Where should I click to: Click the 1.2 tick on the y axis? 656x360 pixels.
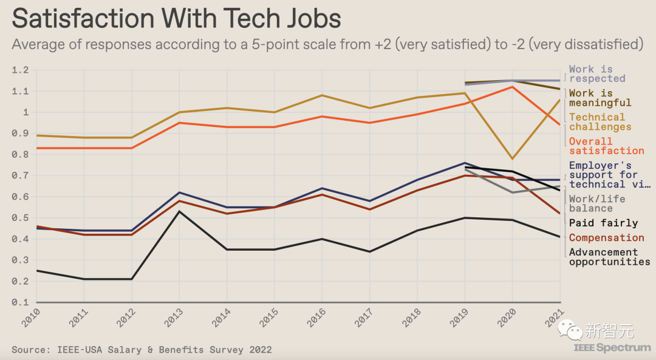click(21, 70)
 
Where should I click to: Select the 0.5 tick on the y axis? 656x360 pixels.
click(21, 218)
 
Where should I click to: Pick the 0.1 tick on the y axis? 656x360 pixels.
click(21, 302)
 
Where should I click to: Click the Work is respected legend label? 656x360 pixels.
click(596, 74)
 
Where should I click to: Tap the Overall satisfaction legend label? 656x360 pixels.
click(606, 146)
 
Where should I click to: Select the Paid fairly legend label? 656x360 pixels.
click(603, 223)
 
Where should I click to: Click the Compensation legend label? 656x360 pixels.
click(606, 238)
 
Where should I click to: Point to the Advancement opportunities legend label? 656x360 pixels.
click(609, 257)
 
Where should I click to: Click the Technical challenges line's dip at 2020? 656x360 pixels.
click(512, 159)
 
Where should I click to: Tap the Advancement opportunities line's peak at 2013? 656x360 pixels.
click(179, 211)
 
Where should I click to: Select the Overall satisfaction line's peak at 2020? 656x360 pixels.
click(512, 87)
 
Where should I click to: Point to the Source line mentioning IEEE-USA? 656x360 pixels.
click(142, 350)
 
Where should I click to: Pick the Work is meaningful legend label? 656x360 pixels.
click(600, 98)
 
